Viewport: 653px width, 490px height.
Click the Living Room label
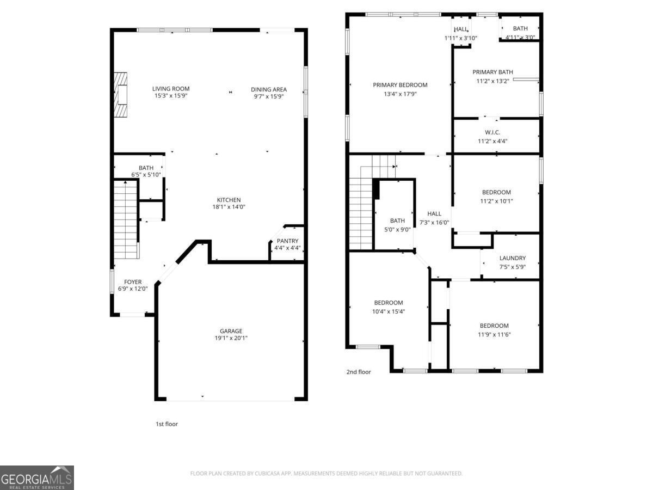[x=171, y=89]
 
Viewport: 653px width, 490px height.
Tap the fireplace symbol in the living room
[x=120, y=95]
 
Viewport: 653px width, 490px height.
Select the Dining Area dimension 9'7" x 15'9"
[x=269, y=96]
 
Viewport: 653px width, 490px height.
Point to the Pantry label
[x=287, y=241]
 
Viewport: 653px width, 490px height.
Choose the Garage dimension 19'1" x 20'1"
[x=231, y=338]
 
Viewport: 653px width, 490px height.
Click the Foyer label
[x=133, y=282]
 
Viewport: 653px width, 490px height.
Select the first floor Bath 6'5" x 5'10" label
[x=146, y=168]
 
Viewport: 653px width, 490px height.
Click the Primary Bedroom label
[x=400, y=85]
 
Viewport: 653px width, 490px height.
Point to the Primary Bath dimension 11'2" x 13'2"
[x=492, y=82]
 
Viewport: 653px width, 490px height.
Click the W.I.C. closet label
[x=492, y=132]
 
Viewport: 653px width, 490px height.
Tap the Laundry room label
[x=512, y=258]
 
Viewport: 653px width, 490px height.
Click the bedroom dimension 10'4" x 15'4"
[x=389, y=312]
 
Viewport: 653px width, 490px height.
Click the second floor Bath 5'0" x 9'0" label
[x=397, y=220]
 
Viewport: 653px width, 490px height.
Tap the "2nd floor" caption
[x=359, y=372]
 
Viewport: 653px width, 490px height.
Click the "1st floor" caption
[x=167, y=424]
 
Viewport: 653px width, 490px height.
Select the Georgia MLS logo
[x=37, y=477]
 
